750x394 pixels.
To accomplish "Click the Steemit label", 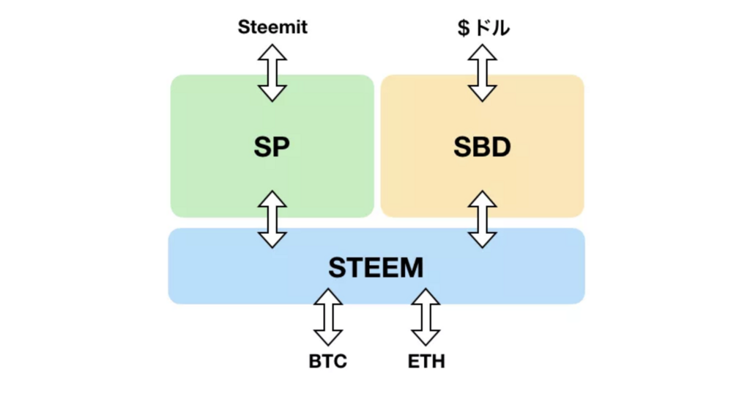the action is tap(272, 27).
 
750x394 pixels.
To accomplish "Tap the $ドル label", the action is tap(483, 28).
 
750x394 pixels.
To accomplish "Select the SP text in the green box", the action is tap(272, 147).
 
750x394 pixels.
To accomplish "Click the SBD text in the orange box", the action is tap(482, 147).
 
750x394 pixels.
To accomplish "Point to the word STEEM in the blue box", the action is tap(376, 268).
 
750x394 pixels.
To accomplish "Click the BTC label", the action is tap(328, 362).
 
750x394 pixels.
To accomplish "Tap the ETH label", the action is tap(426, 362).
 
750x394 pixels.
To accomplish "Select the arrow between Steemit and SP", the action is tap(272, 73).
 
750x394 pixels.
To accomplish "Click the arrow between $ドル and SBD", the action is tap(482, 73).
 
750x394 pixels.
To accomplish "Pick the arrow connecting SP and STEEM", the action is tap(272, 219).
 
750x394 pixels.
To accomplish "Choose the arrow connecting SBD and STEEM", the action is tap(482, 219).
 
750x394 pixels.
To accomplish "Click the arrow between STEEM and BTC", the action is tap(328, 317).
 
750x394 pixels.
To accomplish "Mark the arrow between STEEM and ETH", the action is tap(426, 317).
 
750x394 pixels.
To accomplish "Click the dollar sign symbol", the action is tap(463, 28).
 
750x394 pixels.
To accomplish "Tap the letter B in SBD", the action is tap(482, 147).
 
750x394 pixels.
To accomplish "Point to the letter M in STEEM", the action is tap(412, 268).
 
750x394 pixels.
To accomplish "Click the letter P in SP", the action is tap(281, 147).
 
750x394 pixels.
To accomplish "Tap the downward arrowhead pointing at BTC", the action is tap(328, 338).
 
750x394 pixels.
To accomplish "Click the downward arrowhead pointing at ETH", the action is tap(426, 338).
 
